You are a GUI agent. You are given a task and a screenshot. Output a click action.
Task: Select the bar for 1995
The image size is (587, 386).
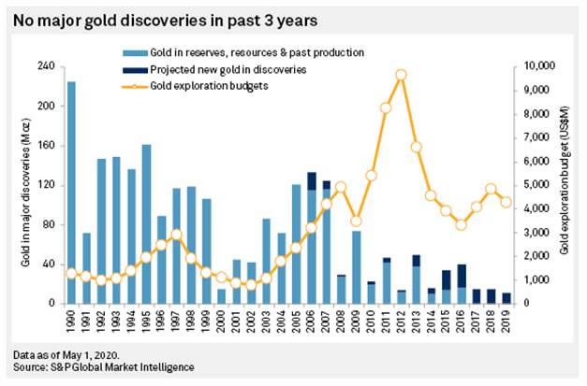coord(146,224)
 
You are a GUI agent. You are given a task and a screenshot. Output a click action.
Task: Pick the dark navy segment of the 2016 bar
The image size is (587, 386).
coord(462,276)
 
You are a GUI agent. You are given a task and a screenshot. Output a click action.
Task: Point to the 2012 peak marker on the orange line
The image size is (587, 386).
coord(401,74)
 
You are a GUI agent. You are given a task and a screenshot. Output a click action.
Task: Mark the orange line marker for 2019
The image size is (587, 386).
coord(506,202)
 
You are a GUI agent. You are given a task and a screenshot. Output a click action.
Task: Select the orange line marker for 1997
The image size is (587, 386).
coord(176,235)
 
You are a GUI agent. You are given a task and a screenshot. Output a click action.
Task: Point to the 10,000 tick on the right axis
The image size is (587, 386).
coord(537,66)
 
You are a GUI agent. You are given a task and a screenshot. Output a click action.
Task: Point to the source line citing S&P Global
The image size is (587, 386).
coord(104,367)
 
